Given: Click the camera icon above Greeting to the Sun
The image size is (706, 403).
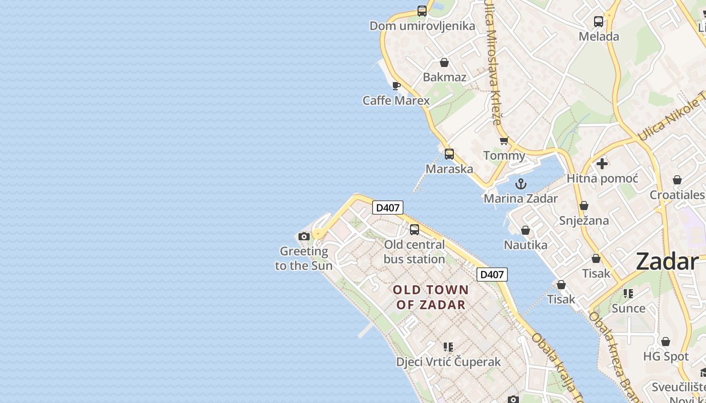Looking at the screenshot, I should (304, 236).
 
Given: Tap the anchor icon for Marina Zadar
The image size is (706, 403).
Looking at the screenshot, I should (520, 183).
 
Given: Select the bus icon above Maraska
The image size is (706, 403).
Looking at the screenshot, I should (449, 154).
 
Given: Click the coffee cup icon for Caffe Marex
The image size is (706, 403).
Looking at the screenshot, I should (396, 86).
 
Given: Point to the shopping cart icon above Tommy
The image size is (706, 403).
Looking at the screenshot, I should (504, 141).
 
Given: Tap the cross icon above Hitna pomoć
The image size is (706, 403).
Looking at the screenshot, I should (602, 164).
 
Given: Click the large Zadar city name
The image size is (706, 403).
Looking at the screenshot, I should (667, 262).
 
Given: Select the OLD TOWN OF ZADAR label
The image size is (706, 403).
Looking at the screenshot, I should (431, 297).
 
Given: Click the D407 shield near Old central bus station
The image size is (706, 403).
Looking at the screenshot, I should (388, 208).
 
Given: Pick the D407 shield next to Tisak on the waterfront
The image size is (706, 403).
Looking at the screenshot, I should (492, 275).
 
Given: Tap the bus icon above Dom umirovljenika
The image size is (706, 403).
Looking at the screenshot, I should (422, 11).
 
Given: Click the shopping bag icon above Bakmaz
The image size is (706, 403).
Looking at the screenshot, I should (444, 62).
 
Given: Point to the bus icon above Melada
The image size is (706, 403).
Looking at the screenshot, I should (599, 22).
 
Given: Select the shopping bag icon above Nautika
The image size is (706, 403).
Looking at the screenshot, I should (525, 230).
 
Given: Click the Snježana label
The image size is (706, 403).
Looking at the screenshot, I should (584, 221).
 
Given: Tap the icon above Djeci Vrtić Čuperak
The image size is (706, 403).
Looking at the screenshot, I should (448, 347).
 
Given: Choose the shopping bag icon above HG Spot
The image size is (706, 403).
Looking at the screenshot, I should (666, 342).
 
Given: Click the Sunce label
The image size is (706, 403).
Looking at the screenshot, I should (628, 308).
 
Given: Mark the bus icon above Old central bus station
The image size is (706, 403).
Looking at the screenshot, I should (415, 230).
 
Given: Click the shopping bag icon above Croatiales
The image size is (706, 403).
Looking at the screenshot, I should (677, 180).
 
